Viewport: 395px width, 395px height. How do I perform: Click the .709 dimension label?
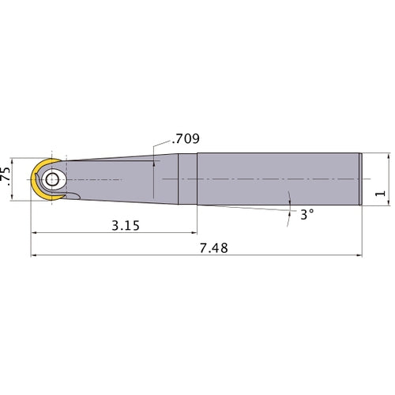(186, 139)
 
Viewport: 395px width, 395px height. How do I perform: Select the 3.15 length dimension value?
(126, 226)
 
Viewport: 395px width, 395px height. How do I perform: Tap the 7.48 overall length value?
(213, 248)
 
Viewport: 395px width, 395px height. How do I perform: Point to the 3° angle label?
(307, 215)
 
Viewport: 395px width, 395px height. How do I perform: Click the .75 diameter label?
(6, 176)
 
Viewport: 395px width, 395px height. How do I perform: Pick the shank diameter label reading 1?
(380, 194)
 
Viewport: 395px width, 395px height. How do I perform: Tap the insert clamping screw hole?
(52, 180)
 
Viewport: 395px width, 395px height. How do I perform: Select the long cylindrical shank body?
(278, 179)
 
